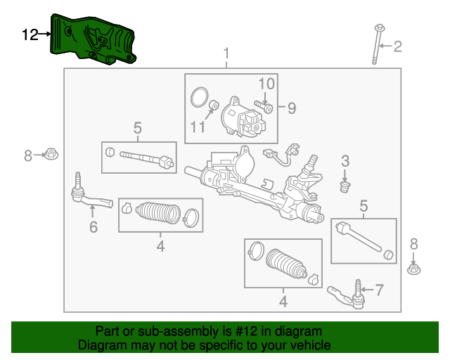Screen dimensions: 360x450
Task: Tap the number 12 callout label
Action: [x=30, y=34]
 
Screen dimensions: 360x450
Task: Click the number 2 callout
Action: [x=397, y=47]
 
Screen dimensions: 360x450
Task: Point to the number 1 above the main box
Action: [x=226, y=54]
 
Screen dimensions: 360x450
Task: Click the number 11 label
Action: [x=197, y=127]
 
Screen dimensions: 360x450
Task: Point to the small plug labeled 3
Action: [x=345, y=187]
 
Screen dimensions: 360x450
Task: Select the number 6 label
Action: [x=93, y=226]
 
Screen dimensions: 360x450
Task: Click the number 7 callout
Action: [x=379, y=289]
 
